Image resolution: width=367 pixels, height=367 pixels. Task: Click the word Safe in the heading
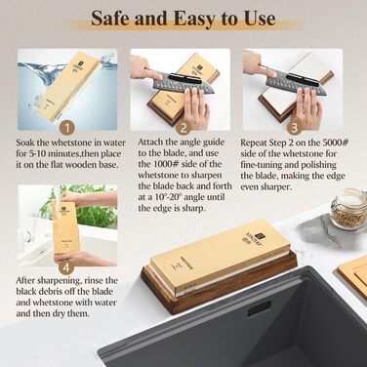[110, 18]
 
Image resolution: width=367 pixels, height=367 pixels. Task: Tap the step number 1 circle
[67, 128]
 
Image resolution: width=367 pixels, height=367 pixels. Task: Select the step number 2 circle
[183, 128]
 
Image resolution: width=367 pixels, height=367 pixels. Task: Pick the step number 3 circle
[295, 128]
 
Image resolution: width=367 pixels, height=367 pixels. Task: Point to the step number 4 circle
[66, 267]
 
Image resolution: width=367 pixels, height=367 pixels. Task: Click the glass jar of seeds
[348, 209]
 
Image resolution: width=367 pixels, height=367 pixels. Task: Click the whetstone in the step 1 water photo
[67, 86]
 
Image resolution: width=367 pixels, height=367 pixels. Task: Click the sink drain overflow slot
[259, 308]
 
